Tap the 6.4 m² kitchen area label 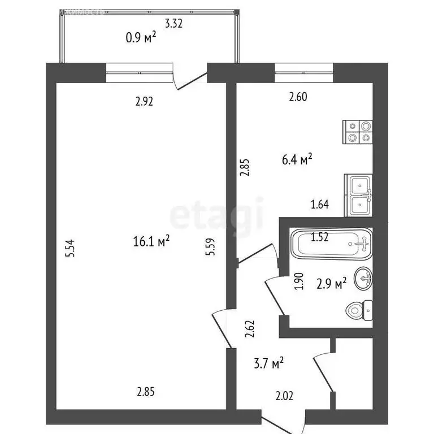(x=298, y=160)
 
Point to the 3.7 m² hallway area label (x=269, y=363)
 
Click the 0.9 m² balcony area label (x=141, y=38)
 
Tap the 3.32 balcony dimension (x=174, y=24)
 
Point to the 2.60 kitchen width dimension (x=298, y=97)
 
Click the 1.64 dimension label (x=319, y=205)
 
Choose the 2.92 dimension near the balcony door (x=145, y=102)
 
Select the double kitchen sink (x=359, y=196)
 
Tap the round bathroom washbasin (x=363, y=277)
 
